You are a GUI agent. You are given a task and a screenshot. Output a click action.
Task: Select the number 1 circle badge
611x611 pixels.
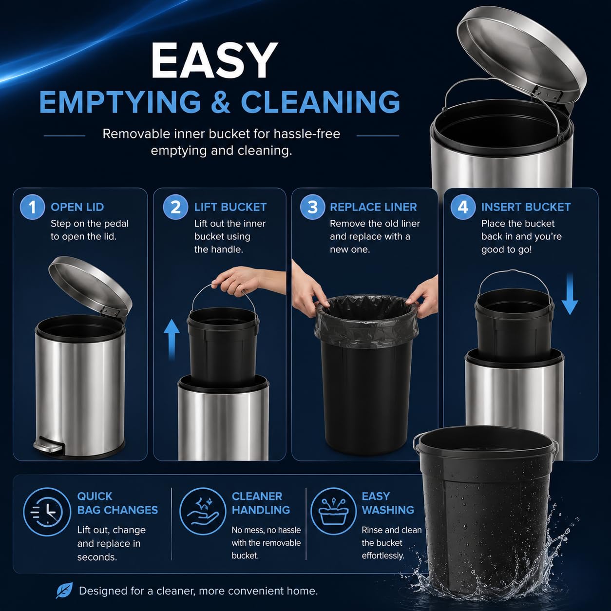click(x=32, y=208)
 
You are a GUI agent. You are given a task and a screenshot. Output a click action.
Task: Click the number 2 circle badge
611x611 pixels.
click(x=176, y=208)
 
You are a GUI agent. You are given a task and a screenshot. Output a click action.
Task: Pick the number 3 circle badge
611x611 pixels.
click(x=312, y=208)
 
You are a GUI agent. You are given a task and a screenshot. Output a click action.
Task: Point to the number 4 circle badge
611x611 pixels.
click(x=463, y=208)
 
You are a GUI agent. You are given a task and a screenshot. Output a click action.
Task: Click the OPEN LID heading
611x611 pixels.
click(x=77, y=207)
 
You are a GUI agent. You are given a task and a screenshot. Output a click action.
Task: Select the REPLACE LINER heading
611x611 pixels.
click(x=373, y=207)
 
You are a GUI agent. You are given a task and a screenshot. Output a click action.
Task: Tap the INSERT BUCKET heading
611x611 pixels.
click(x=526, y=207)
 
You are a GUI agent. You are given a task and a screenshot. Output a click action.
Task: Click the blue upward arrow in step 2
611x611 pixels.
click(x=172, y=339)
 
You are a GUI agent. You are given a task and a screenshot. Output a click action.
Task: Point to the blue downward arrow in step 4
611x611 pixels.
click(x=570, y=294)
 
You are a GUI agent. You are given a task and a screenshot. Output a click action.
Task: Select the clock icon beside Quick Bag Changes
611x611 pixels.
click(x=47, y=512)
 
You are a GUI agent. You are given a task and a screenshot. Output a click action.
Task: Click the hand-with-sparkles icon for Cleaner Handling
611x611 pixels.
click(x=203, y=512)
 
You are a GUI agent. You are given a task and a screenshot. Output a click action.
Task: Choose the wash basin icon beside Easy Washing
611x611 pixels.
click(x=334, y=512)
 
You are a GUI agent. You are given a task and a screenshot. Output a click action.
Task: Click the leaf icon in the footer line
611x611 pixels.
click(x=64, y=591)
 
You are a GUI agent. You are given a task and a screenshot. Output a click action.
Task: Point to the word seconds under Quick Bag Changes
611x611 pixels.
click(x=97, y=557)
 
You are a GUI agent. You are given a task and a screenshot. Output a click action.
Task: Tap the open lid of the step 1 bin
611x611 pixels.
click(x=90, y=285)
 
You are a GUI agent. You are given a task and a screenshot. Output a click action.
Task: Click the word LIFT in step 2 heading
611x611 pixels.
click(x=206, y=207)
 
